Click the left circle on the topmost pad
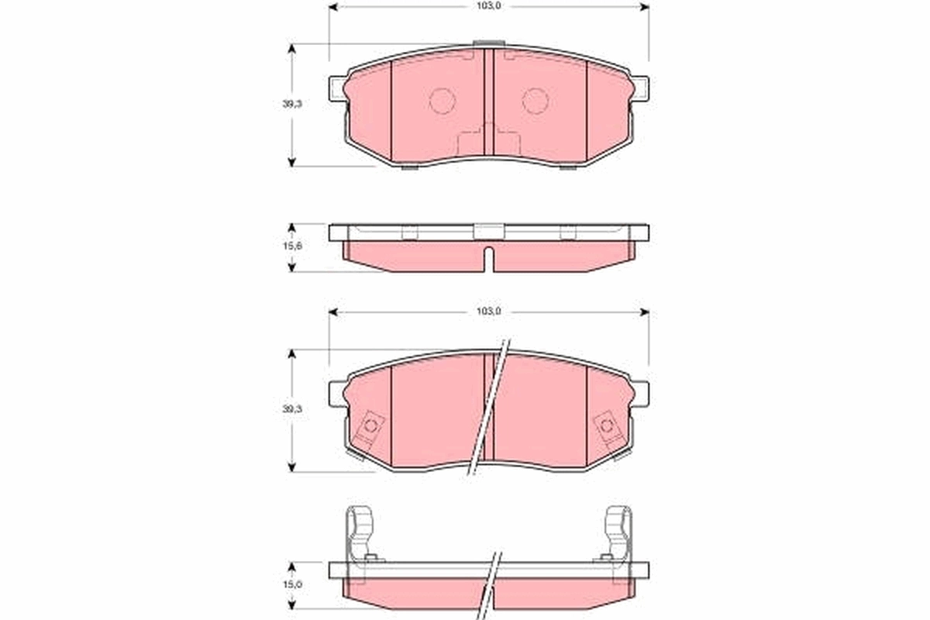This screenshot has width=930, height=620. click(x=442, y=100)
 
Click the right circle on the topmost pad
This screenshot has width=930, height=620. click(x=535, y=100)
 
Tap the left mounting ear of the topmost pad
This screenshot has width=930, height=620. click(x=336, y=89)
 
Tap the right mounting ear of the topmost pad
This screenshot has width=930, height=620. click(x=641, y=89)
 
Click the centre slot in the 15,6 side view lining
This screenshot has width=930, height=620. click(x=488, y=258)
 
